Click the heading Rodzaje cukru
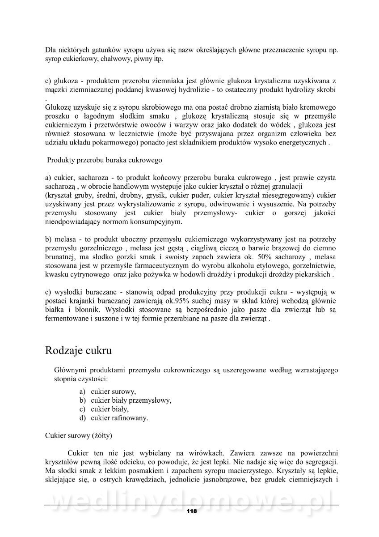point(78,350)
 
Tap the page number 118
point(192,511)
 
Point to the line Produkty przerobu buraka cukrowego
point(105,160)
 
